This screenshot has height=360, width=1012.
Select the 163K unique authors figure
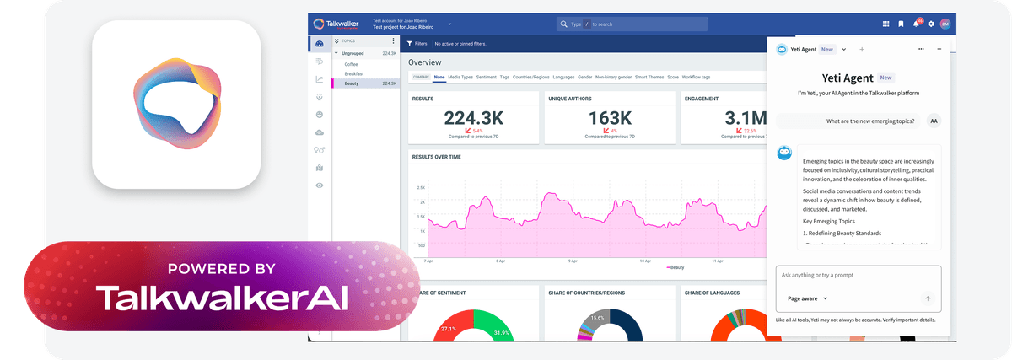[x=610, y=117]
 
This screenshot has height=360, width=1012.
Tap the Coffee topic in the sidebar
[x=351, y=64]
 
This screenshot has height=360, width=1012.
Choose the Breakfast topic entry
[x=353, y=73]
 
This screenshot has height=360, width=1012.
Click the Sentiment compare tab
[x=486, y=78]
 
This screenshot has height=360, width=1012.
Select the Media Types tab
[x=460, y=78]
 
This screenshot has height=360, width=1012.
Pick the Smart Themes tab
[x=649, y=78]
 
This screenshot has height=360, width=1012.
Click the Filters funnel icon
[x=410, y=43]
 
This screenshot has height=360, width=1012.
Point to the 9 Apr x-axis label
[x=500, y=261]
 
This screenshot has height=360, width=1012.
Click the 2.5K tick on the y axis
[x=420, y=188]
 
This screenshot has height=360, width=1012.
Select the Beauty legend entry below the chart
[x=675, y=267]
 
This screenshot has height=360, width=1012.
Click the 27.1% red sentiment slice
[x=448, y=329]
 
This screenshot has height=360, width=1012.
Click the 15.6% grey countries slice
[x=597, y=318]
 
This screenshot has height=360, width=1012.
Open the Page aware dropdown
[x=807, y=298]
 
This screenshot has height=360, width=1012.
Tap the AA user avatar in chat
[x=934, y=121]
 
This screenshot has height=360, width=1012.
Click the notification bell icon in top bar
[x=916, y=24]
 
